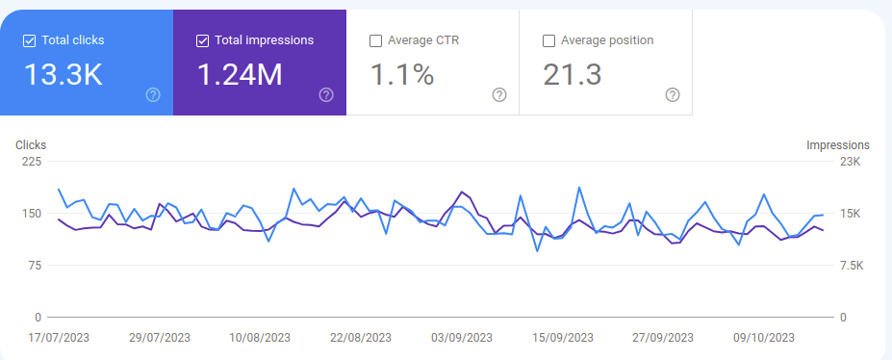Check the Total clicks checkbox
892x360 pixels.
pos(29,40)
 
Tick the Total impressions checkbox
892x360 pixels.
pos(202,40)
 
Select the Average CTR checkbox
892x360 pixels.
pos(375,40)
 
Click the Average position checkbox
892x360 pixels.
pos(548,40)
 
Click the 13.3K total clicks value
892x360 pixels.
pos(63,74)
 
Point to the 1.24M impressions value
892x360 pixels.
pos(240,74)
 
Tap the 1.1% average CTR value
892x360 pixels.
pos(401,74)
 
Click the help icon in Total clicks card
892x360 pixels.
pos(153,94)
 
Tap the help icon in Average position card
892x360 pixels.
pos(673,94)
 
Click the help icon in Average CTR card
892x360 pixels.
pos(499,94)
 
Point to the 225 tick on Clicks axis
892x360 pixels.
pos(32,162)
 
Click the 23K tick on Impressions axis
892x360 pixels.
pos(851,162)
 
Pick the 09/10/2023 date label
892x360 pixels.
pos(764,338)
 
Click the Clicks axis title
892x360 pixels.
pos(31,145)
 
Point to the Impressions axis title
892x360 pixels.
pos(838,145)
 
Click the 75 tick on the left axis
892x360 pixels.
pos(36,266)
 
